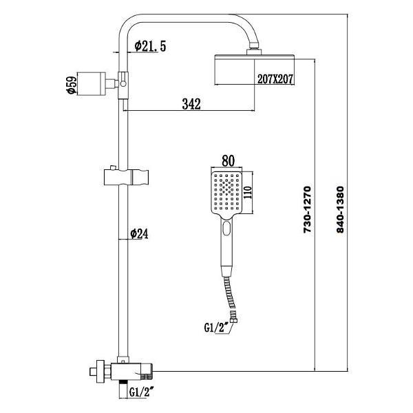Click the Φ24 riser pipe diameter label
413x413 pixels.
pyautogui.click(x=140, y=234)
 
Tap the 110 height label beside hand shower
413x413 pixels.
pyautogui.click(x=251, y=192)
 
